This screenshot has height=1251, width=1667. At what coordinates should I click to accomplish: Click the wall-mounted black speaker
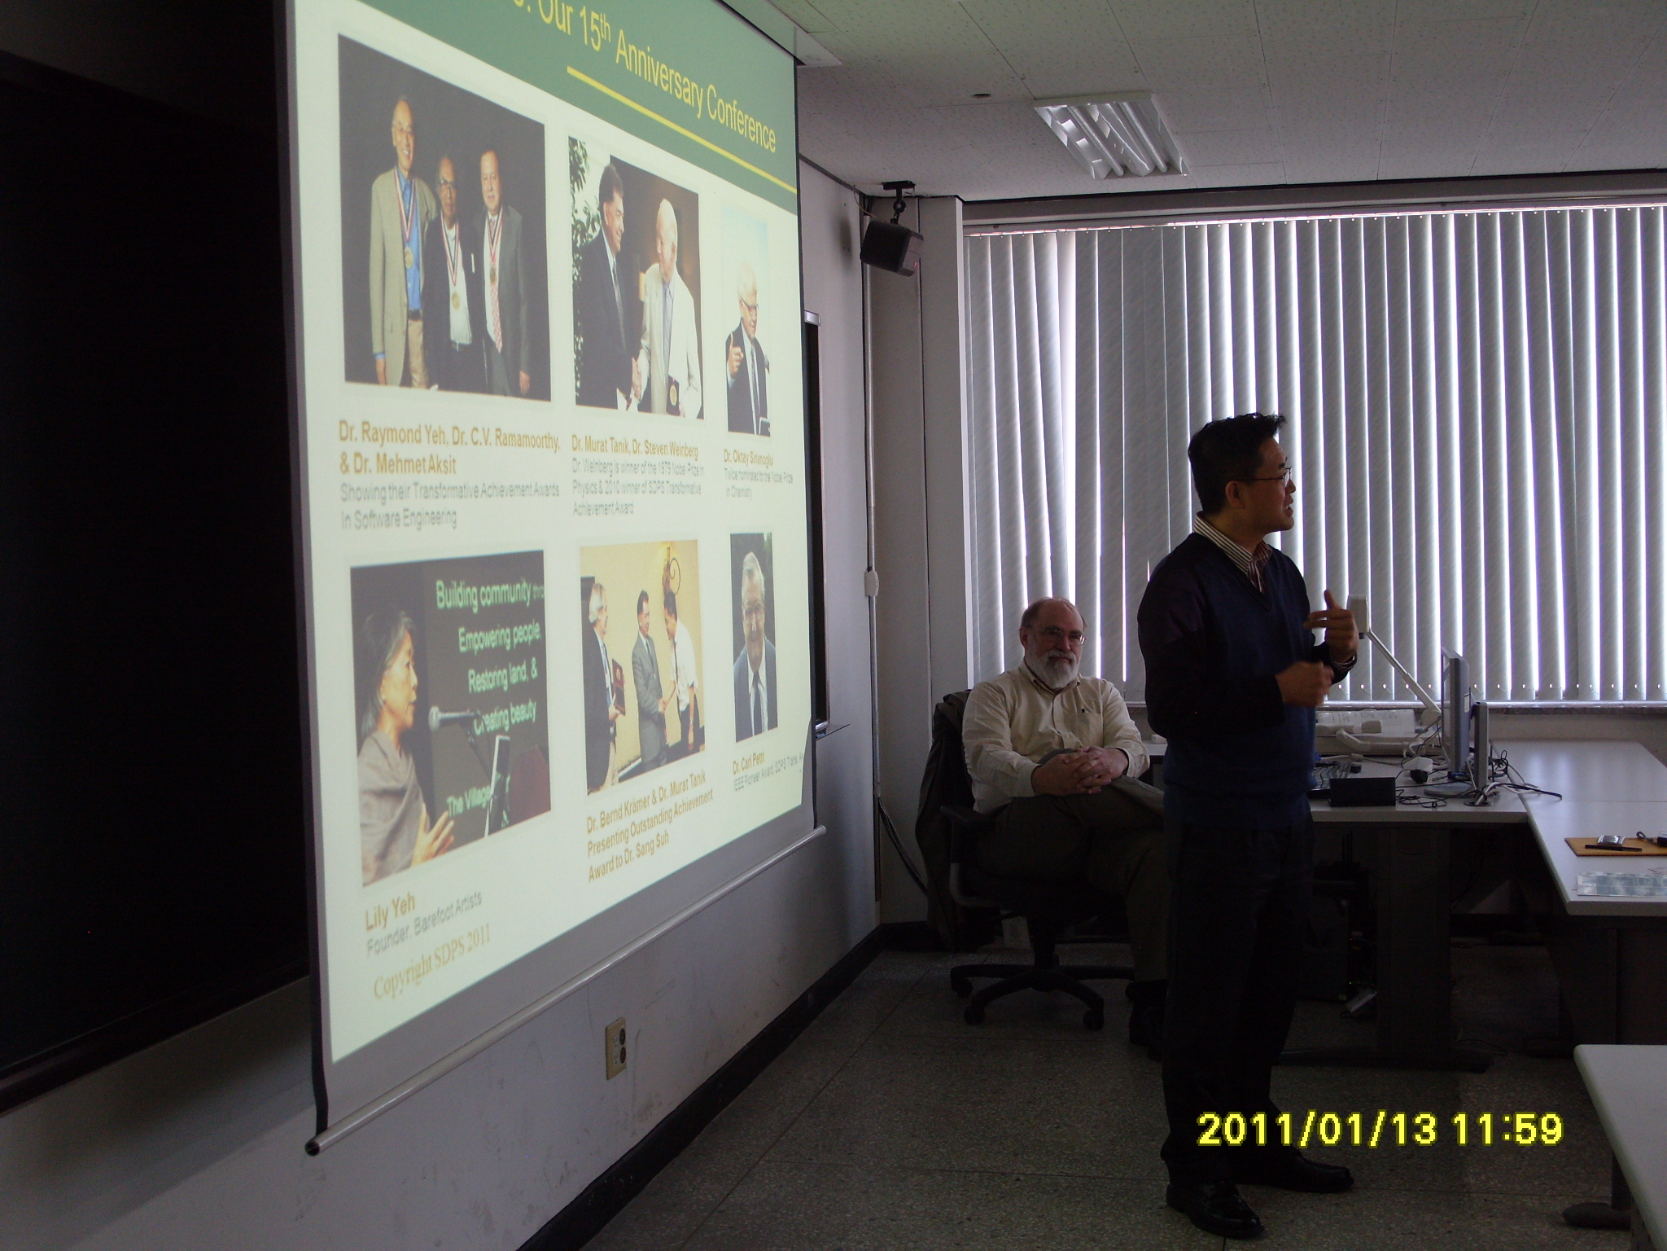[x=890, y=246]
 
